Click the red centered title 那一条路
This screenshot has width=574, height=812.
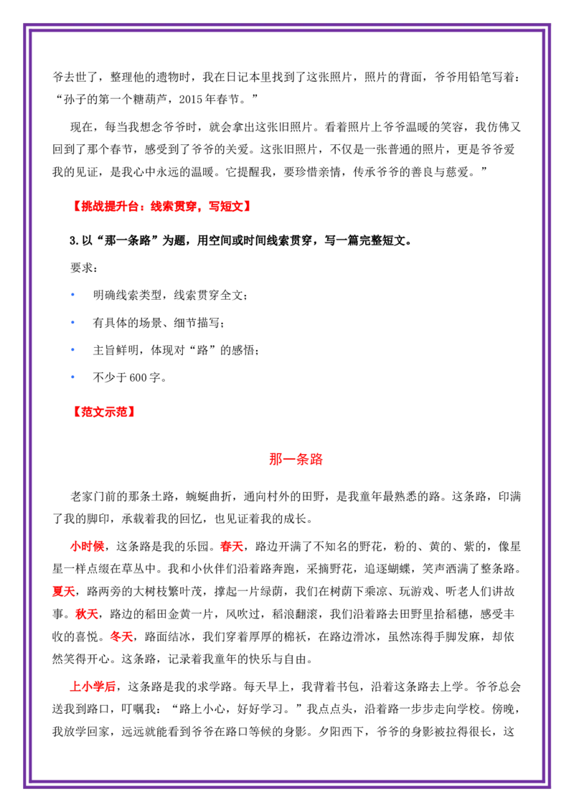[x=296, y=459]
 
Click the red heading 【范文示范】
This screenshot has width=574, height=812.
[x=103, y=412]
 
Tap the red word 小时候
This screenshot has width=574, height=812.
[x=87, y=547]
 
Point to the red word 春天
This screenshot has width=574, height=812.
[x=232, y=547]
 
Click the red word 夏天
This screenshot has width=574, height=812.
[x=64, y=591]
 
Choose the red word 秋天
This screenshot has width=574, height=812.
[x=87, y=614]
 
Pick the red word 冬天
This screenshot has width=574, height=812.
[x=122, y=636]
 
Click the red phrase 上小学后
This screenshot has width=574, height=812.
[x=93, y=686]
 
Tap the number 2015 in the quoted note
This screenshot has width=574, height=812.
[x=191, y=100]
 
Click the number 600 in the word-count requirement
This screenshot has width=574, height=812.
[x=138, y=378]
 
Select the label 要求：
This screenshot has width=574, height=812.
[x=84, y=268]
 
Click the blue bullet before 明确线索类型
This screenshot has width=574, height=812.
[x=72, y=295]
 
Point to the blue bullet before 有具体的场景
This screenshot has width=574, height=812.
[x=72, y=323]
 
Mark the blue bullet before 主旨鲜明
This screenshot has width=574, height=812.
[x=72, y=350]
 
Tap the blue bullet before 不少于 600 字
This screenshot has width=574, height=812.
[x=72, y=377]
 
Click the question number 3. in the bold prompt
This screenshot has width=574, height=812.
[x=74, y=241]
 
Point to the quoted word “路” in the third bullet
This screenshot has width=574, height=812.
[x=202, y=351]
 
